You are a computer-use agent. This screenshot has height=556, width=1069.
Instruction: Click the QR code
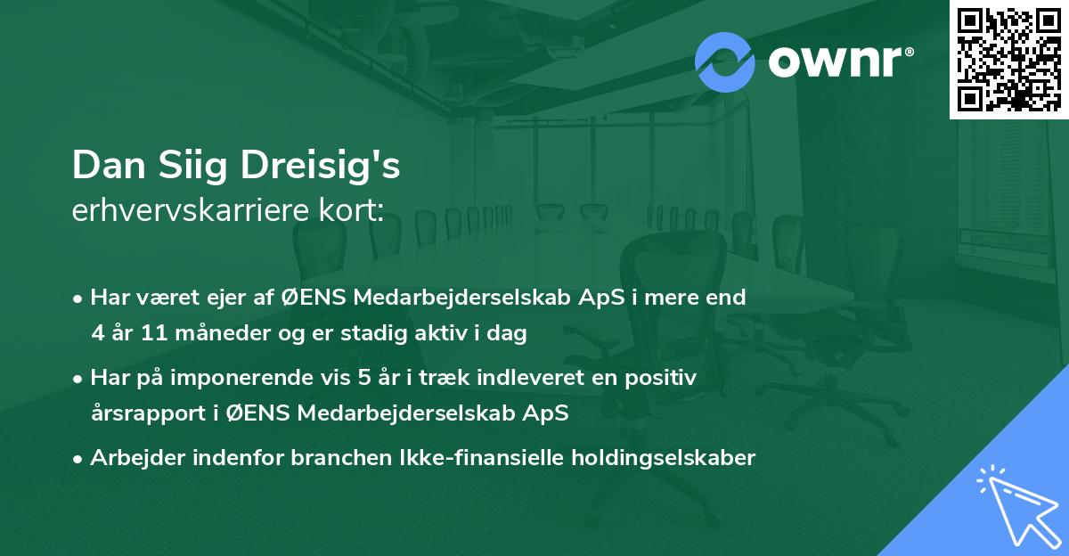tap(1008, 60)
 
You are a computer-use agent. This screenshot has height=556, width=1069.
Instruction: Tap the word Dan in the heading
tap(103, 167)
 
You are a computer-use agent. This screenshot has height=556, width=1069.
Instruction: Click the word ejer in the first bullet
tap(248, 298)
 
